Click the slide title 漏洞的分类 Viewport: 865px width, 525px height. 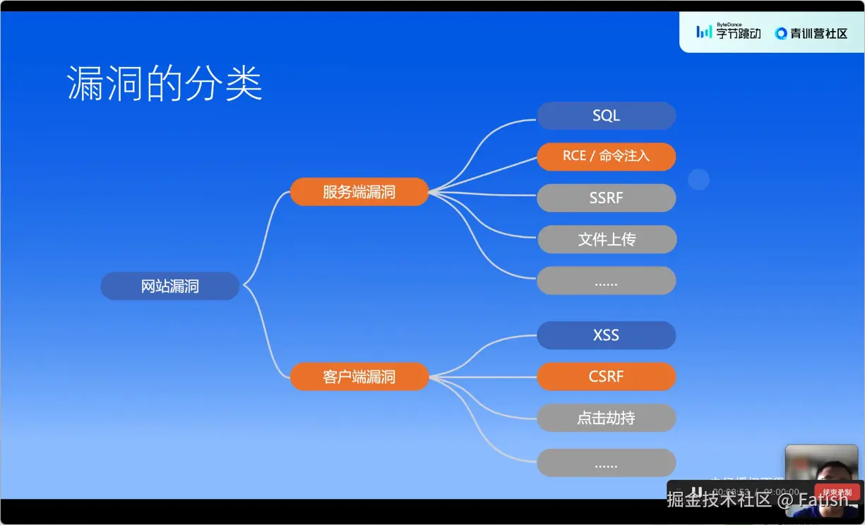point(165,84)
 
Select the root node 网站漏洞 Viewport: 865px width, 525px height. point(170,286)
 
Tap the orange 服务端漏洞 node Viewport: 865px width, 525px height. point(359,192)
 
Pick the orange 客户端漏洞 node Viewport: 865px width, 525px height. point(359,377)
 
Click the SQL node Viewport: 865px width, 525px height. point(606,116)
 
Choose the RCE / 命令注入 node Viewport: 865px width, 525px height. point(606,157)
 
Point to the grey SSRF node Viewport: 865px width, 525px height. point(606,198)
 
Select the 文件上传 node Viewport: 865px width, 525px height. point(607,240)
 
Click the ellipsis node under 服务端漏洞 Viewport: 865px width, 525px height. point(606,281)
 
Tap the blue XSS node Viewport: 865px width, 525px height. point(606,335)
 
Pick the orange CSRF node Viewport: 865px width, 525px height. point(606,377)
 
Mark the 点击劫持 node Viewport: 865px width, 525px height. point(606,418)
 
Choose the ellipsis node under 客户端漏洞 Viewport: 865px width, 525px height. point(606,463)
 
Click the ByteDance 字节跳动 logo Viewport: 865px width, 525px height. point(728,32)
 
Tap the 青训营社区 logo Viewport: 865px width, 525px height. point(811,33)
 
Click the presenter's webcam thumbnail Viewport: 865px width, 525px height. point(821,466)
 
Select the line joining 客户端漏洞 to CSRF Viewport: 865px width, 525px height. point(483,377)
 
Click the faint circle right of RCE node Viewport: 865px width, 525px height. point(698,180)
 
